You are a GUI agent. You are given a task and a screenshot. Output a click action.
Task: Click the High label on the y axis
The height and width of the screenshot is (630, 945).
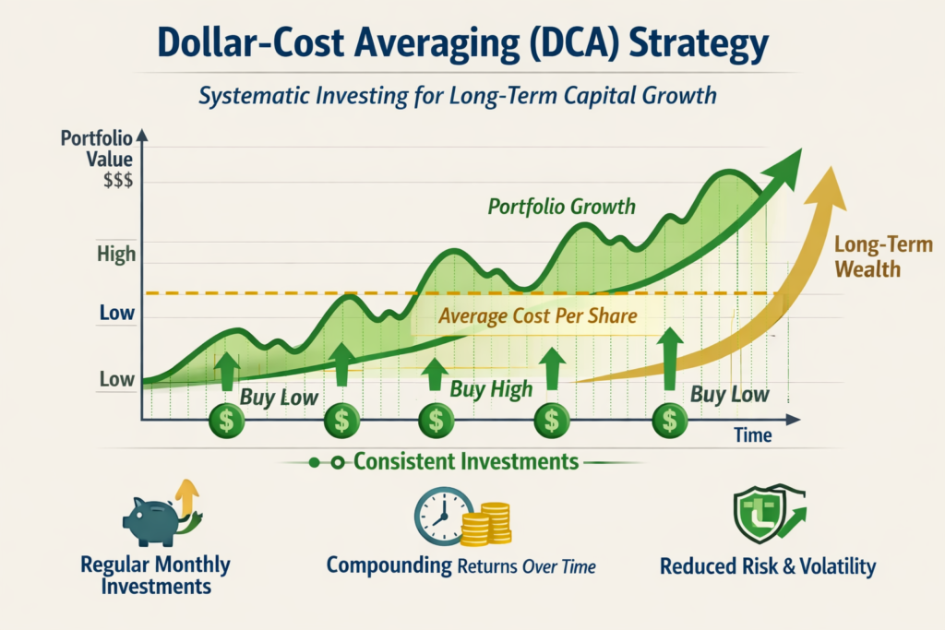(115, 254)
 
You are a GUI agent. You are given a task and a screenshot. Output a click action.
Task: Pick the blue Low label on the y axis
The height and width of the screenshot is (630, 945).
(116, 314)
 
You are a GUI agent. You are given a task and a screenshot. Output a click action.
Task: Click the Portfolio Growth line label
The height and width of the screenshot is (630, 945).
(561, 206)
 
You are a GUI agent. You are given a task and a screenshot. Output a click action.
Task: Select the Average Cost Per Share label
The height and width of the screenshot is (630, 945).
(538, 316)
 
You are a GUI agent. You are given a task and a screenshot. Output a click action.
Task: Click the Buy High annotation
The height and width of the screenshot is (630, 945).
(491, 389)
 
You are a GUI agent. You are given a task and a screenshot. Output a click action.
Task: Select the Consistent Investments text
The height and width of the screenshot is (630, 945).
(466, 460)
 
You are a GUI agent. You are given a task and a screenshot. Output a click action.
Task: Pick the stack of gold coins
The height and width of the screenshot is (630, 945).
(486, 524)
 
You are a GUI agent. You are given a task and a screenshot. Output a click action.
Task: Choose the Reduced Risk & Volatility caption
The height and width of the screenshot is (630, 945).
(768, 565)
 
